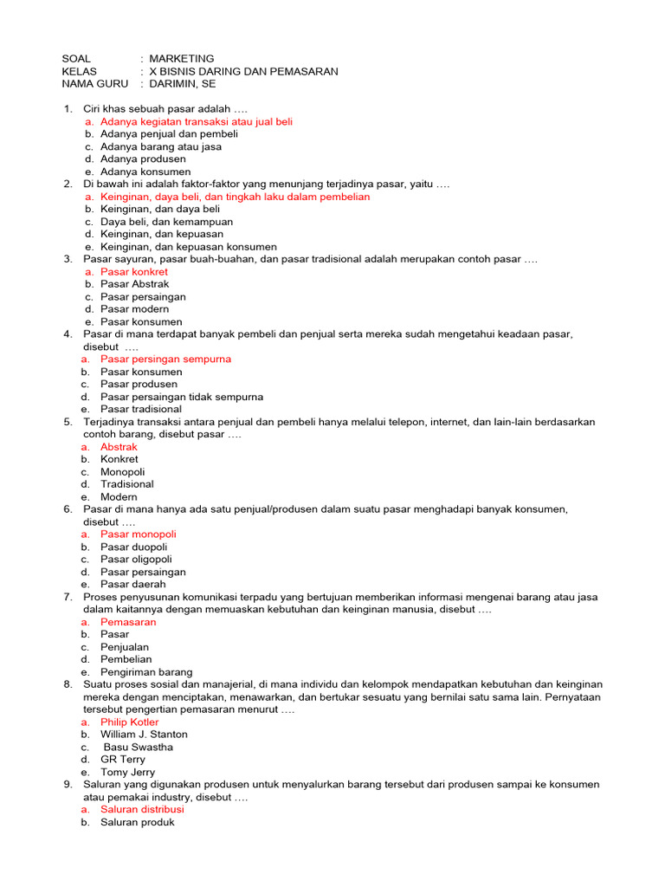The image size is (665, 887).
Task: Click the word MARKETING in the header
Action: (181, 58)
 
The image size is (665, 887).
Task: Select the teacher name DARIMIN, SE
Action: (183, 84)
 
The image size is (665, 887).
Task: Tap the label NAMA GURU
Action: (94, 84)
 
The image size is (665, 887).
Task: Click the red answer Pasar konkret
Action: (133, 272)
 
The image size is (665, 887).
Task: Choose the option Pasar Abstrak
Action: (134, 284)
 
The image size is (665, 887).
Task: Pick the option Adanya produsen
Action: (143, 159)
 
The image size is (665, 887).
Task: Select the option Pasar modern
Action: (134, 309)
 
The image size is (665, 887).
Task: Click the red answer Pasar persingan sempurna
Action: (165, 359)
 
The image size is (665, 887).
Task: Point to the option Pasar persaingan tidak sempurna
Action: (182, 397)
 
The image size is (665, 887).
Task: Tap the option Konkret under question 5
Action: (119, 459)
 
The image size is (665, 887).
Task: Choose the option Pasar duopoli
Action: (133, 547)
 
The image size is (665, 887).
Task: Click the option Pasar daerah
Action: (132, 585)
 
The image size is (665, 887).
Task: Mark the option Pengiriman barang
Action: (146, 672)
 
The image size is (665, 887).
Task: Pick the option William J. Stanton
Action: (144, 735)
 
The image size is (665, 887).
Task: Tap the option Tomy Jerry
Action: (126, 772)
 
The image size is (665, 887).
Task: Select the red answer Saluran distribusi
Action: (142, 810)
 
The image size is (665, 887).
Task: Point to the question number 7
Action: (68, 598)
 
